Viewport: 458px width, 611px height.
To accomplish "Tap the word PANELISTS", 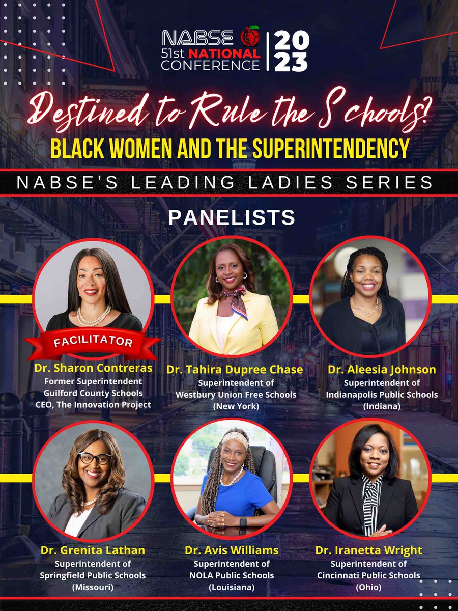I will click(232, 217).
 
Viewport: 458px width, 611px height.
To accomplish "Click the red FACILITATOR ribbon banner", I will click(93, 341).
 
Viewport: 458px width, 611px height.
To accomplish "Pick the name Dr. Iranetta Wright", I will click(376, 550).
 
